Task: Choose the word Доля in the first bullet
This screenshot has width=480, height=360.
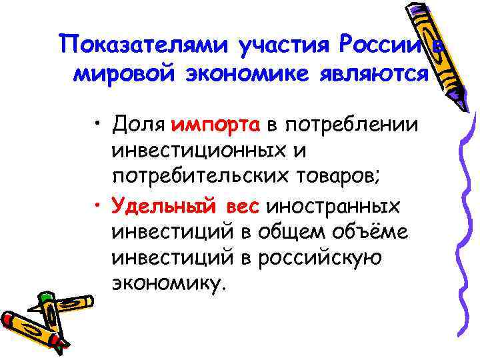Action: [x=138, y=123]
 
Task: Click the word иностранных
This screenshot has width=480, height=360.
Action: [x=333, y=205]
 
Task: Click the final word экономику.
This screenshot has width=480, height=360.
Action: [x=170, y=285]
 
